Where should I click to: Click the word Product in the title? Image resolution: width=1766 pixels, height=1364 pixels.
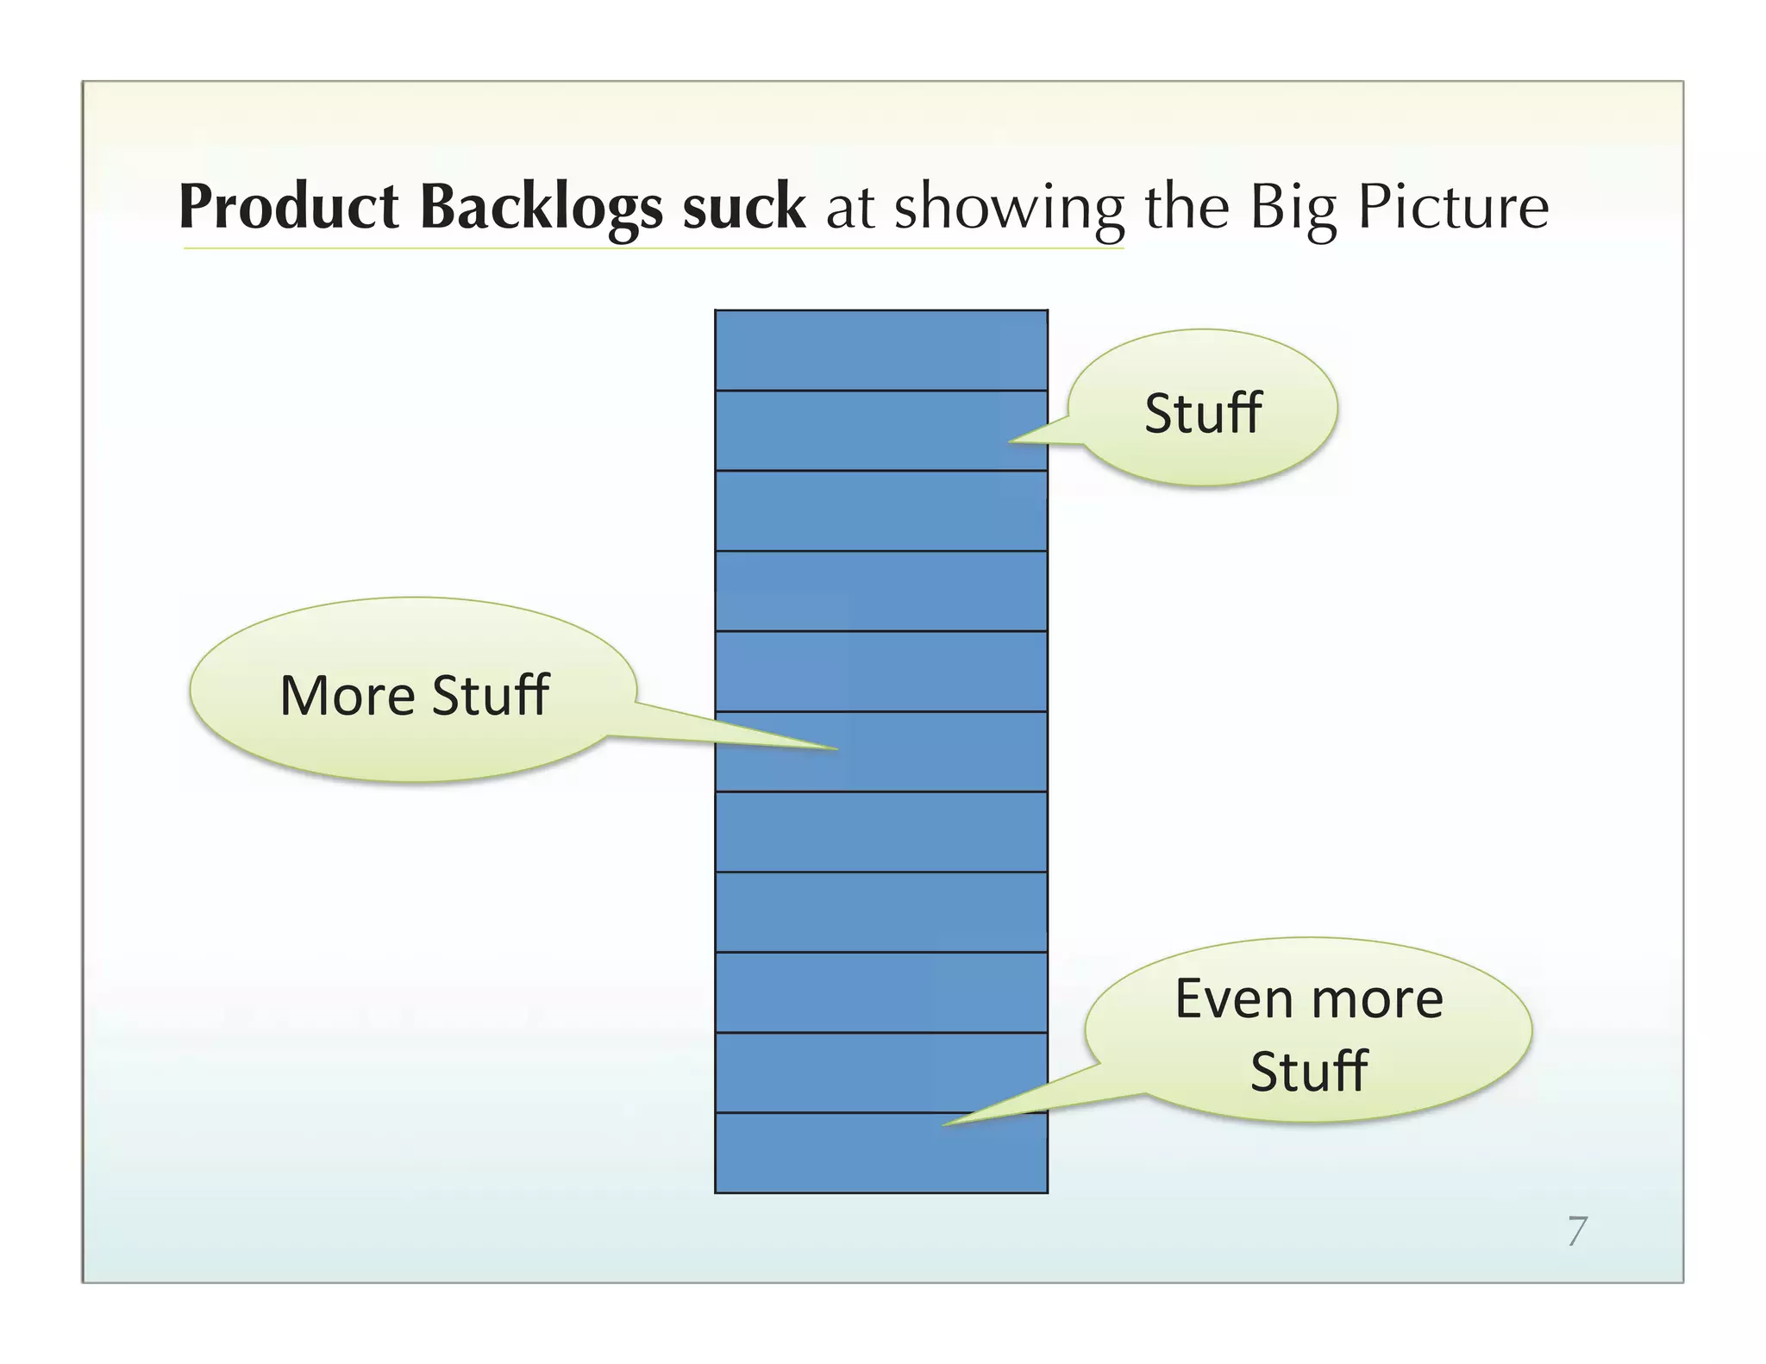pyautogui.click(x=288, y=208)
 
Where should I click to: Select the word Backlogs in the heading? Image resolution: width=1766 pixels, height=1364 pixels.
pyautogui.click(x=542, y=208)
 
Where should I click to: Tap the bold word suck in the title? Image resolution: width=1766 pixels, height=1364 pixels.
pyautogui.click(x=743, y=208)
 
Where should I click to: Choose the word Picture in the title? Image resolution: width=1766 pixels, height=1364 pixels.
pyautogui.click(x=1453, y=208)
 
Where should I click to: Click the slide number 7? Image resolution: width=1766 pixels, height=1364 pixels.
pyautogui.click(x=1577, y=1231)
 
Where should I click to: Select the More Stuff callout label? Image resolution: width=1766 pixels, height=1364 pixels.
pyautogui.click(x=414, y=695)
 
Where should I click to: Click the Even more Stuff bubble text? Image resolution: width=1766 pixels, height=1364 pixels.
pyautogui.click(x=1308, y=1034)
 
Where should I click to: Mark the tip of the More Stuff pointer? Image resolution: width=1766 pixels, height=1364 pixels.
pyautogui.click(x=836, y=748)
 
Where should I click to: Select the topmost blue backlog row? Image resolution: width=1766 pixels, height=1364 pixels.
pyautogui.click(x=880, y=350)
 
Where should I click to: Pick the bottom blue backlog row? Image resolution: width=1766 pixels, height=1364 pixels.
pyautogui.click(x=880, y=1153)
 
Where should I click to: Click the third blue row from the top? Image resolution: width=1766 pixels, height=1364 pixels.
pyautogui.click(x=880, y=510)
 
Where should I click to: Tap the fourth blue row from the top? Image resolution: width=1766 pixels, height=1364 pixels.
pyautogui.click(x=880, y=591)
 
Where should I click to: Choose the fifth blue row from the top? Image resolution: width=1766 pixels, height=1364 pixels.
pyautogui.click(x=880, y=671)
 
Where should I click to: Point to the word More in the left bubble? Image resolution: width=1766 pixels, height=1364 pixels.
pyautogui.click(x=347, y=695)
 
